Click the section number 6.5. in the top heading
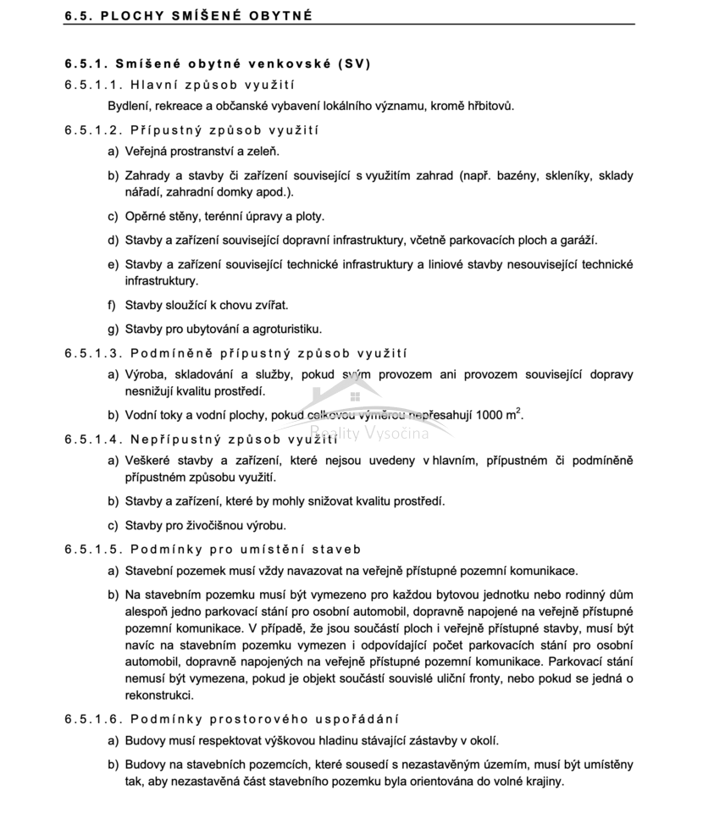(80, 15)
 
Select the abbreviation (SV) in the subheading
(353, 64)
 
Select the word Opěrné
(145, 216)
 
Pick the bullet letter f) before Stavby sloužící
(112, 304)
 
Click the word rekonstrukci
(160, 695)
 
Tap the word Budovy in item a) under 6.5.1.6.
(145, 740)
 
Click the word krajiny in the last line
(542, 781)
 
